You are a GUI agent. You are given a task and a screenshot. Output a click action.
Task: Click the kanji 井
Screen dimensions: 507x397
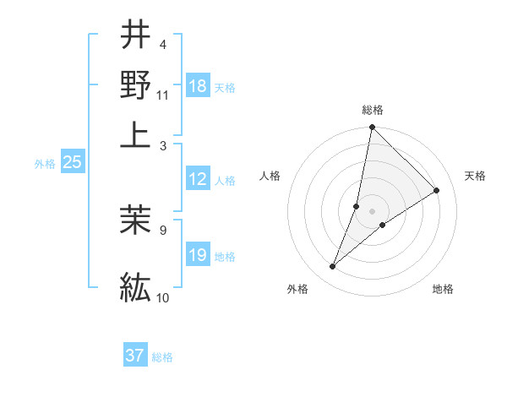coord(135,35)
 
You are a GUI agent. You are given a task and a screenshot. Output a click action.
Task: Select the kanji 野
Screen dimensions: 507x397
coord(135,84)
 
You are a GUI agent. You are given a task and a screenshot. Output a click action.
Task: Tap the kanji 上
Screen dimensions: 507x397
coord(135,133)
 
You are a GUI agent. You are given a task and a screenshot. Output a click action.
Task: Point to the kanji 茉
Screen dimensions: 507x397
coord(135,218)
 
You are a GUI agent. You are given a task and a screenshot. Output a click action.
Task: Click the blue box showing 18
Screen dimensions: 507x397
coord(198,86)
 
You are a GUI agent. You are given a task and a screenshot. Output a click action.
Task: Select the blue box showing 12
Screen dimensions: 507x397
coord(198,179)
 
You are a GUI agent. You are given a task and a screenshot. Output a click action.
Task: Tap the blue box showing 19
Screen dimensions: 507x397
coord(198,255)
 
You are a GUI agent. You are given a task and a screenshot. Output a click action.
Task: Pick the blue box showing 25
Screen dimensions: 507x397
coord(72,162)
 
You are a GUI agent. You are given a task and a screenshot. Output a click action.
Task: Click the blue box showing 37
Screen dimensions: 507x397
coord(135,356)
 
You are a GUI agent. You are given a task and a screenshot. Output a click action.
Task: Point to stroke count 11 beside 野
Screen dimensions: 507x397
coord(162,95)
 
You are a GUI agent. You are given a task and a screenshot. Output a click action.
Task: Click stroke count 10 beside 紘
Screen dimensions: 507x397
coord(162,297)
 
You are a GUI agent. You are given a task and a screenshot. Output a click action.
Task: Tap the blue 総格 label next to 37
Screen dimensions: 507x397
coord(162,357)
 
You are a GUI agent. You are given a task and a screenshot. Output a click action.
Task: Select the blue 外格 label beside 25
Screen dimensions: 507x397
coord(44,164)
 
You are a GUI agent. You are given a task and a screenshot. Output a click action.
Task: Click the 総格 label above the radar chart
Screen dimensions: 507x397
coord(373,110)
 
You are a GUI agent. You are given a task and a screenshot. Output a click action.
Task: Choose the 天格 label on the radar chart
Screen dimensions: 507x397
coord(475,176)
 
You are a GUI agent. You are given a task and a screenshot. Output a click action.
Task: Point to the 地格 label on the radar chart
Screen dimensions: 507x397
coord(443,290)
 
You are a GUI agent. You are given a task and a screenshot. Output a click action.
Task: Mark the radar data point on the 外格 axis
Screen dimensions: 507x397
coord(333,267)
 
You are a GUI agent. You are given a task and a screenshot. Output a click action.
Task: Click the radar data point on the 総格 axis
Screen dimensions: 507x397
coord(372,128)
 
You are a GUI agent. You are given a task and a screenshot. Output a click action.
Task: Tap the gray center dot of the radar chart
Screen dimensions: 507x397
coord(372,210)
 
